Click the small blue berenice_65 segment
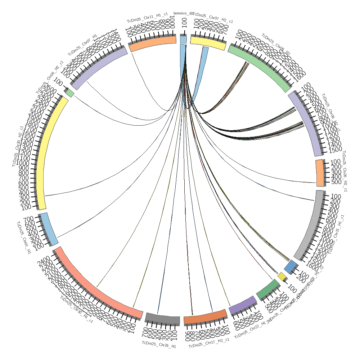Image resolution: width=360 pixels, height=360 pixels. (183, 40)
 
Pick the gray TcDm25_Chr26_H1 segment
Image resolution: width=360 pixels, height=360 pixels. (163, 319)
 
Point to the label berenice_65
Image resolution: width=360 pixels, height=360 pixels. (183, 13)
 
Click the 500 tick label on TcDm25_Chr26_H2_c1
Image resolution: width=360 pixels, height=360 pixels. (336, 182)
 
